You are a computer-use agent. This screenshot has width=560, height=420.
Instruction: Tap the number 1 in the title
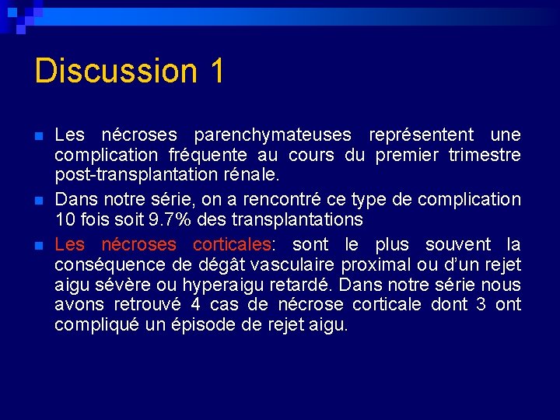click(216, 71)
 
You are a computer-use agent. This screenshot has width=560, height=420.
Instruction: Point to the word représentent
click(418, 135)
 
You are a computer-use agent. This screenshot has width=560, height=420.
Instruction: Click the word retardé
click(306, 285)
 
